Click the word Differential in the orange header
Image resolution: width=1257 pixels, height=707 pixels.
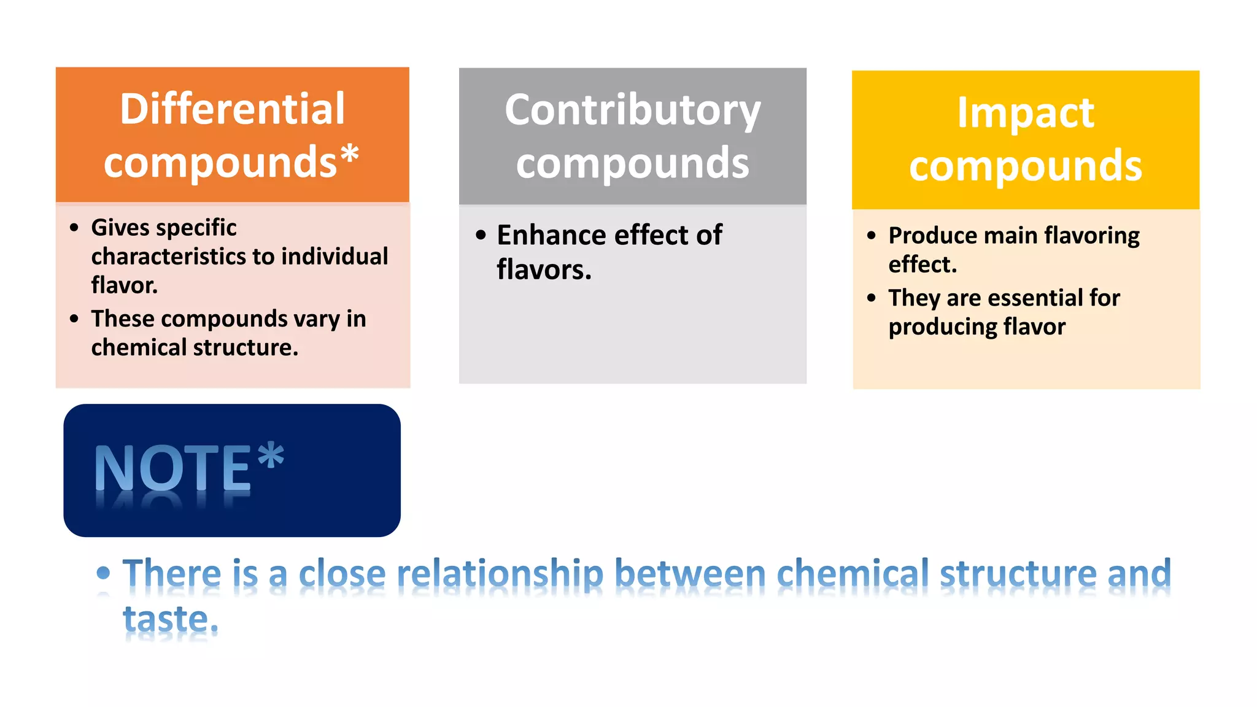click(232, 109)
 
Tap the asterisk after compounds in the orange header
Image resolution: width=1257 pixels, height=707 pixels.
click(349, 155)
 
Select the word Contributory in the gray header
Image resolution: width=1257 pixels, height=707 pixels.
click(632, 110)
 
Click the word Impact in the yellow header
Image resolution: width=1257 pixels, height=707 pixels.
click(1025, 114)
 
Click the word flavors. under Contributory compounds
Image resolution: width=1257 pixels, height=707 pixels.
click(544, 270)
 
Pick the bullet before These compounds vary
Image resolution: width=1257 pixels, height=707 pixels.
click(74, 319)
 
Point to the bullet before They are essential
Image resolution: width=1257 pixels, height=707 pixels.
click(872, 298)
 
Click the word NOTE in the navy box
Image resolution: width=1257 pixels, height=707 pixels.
click(172, 468)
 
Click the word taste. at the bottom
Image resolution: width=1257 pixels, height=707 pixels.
click(171, 620)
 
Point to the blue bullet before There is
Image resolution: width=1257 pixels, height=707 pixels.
click(103, 573)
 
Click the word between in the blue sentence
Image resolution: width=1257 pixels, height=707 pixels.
click(690, 574)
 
